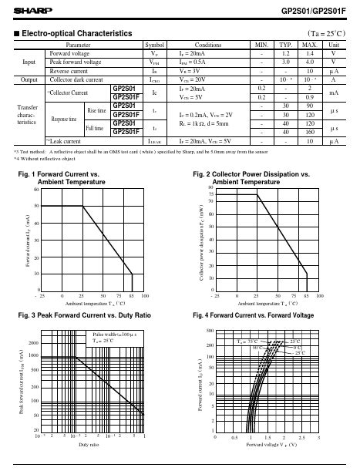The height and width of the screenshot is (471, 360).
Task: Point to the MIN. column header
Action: [263, 45]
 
